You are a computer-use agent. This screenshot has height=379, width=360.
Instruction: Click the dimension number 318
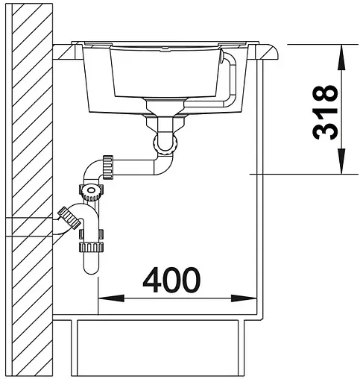(x=323, y=112)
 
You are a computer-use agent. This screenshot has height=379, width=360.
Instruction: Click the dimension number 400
(x=171, y=281)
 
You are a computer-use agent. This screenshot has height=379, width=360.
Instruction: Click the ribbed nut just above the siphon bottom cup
(x=91, y=245)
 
